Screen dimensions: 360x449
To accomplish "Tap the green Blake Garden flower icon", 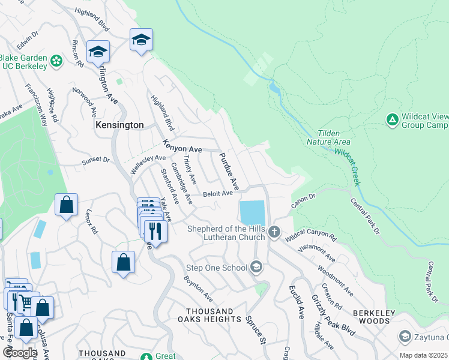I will [56, 61].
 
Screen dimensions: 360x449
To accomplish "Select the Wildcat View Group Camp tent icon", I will [392, 120].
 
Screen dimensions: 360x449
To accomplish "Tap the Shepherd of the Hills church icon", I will [274, 232].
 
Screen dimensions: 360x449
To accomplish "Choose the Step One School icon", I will [256, 267].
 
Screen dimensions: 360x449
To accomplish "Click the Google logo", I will [19, 353].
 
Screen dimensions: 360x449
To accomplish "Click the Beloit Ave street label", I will [217, 193].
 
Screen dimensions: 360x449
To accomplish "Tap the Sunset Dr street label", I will [95, 160].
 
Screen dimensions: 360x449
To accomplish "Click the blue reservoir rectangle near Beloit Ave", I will [252, 212].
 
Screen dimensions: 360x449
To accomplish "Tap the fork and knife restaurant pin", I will [155, 230].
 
